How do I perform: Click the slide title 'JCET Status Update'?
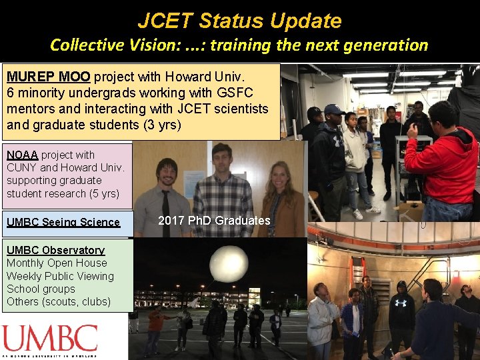[239, 21]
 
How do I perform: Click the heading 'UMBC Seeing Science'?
[63, 222]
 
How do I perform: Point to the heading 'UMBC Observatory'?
[55, 250]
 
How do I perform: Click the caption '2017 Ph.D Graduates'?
[214, 221]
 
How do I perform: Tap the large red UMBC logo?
[49, 339]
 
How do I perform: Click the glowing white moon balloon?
[229, 264]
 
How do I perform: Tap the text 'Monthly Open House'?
[57, 263]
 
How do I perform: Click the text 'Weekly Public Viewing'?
[60, 276]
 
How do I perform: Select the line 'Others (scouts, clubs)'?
[59, 301]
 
